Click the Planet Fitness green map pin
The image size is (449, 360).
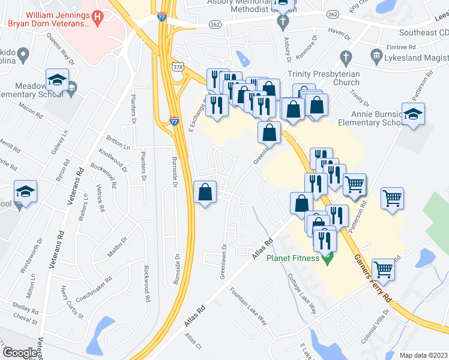[x=327, y=260]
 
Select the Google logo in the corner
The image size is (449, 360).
[x=19, y=353]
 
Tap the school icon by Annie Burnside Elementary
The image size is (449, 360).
[x=413, y=115]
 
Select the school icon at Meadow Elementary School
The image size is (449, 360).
[x=58, y=80]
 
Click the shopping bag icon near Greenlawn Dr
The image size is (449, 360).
[x=205, y=193]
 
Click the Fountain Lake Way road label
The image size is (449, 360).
[x=249, y=305]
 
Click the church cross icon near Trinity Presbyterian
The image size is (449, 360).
[x=345, y=58]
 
